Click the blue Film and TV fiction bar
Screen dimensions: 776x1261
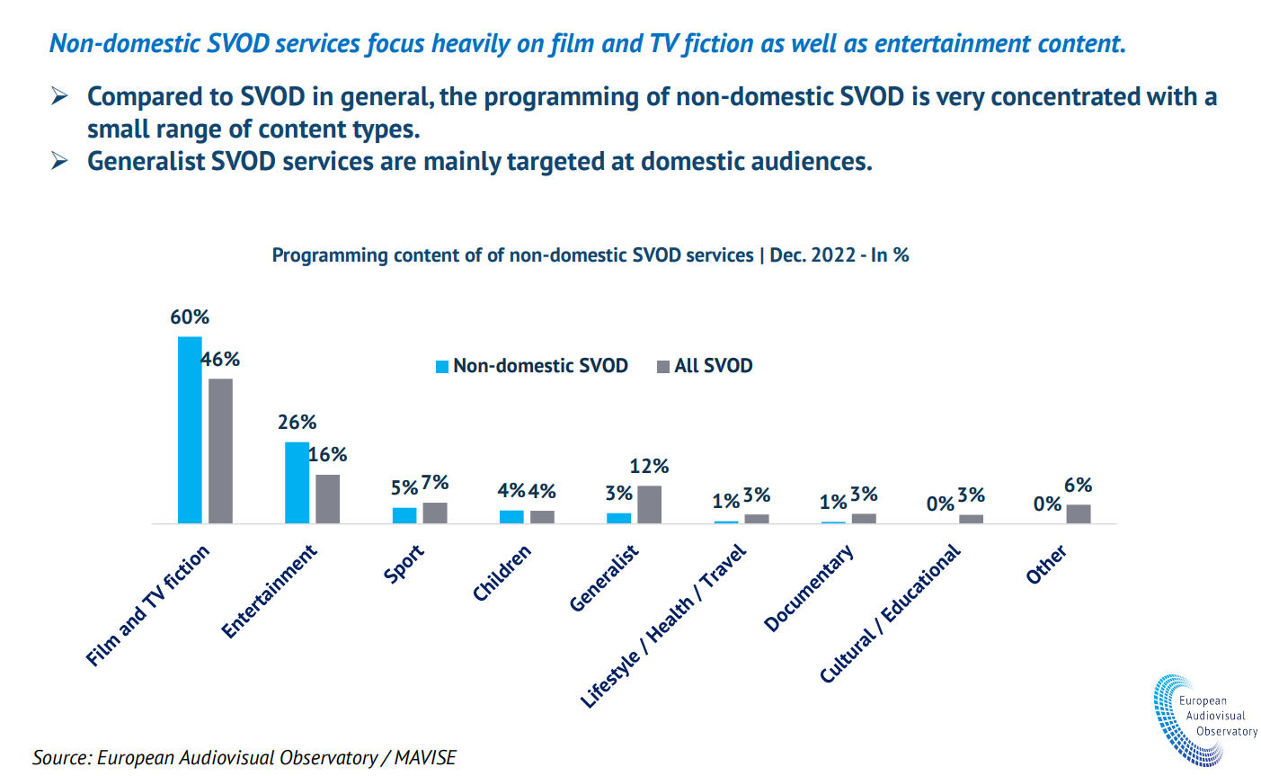coord(190,430)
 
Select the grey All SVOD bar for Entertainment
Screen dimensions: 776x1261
coord(328,499)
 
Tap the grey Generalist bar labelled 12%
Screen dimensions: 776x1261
coord(649,504)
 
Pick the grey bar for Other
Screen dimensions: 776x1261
coord(1079,513)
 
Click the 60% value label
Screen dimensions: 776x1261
coord(190,317)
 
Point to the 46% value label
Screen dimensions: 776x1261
coord(220,360)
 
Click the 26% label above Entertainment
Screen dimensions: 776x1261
coord(297,423)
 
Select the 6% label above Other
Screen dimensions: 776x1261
coord(1078,486)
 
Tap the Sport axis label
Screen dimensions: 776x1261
coord(404,564)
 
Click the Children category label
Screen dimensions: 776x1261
coord(502,573)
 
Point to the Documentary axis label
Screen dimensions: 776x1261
coord(809,588)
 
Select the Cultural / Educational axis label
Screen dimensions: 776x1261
coord(890,613)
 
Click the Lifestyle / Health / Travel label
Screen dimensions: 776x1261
coord(663,626)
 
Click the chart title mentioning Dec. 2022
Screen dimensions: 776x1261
coord(591,255)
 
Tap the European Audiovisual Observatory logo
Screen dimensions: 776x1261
coord(1204,719)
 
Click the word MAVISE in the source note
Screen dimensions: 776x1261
coord(425,757)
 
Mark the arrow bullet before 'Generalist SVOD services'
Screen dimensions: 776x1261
coord(59,161)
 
